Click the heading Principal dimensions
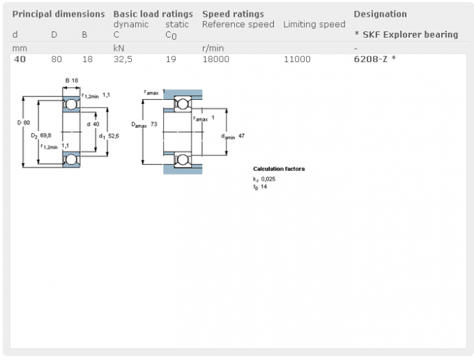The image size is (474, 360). click(x=59, y=14)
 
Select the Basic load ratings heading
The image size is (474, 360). click(x=153, y=14)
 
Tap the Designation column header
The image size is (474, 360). click(x=380, y=14)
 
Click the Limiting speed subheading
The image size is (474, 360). click(x=314, y=24)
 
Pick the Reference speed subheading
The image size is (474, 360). click(x=238, y=24)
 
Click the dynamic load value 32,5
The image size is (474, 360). click(x=123, y=59)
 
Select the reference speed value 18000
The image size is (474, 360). click(x=215, y=59)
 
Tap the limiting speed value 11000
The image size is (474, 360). click(x=297, y=59)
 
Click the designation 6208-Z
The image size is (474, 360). click(x=370, y=59)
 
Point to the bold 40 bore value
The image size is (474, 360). click(x=20, y=59)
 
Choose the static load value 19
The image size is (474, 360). click(x=171, y=59)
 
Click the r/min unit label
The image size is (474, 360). click(x=213, y=48)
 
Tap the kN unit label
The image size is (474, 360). click(x=118, y=48)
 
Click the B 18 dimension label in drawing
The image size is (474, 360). click(x=72, y=80)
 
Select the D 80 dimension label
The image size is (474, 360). click(x=24, y=123)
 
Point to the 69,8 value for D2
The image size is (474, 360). click(x=45, y=135)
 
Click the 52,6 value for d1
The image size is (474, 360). click(x=114, y=136)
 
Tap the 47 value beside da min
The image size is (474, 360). click(x=241, y=136)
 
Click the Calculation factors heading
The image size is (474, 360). click(x=279, y=169)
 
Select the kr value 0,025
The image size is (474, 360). click(x=268, y=179)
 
